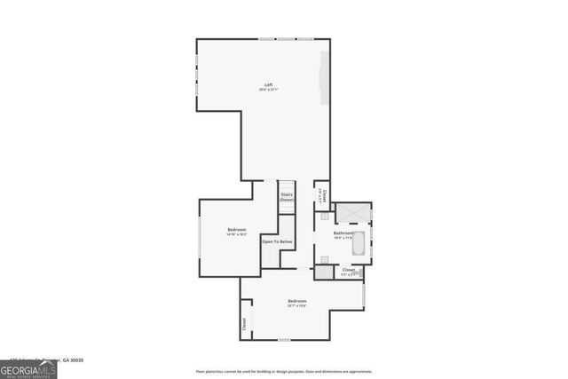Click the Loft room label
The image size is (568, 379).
268,84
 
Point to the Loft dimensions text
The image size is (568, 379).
268,90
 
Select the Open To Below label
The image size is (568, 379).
277,241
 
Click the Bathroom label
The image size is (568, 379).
343,233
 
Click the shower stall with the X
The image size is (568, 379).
353,214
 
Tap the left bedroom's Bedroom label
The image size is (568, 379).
236,229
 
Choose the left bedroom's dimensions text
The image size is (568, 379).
236,234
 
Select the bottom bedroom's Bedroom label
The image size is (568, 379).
296,301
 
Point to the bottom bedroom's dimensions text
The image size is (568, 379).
296,306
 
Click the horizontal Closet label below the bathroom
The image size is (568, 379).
348,270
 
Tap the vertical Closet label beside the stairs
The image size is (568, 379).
325,194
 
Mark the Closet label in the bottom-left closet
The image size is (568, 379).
244,324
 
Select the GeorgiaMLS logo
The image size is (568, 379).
28,368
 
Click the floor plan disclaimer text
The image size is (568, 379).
284,372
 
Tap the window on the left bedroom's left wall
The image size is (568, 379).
201,240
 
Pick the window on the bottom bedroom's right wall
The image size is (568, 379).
364,294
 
